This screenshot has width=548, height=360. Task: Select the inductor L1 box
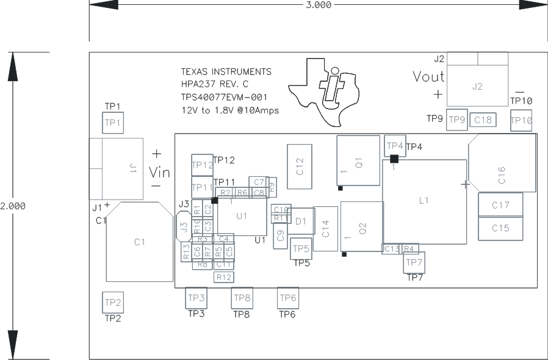pos(425,201)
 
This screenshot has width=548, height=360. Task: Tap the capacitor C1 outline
pos(140,242)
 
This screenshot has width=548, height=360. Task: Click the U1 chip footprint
pos(242,216)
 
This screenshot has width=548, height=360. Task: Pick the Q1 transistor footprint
pos(358,161)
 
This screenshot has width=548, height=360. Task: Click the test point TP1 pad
pos(113,123)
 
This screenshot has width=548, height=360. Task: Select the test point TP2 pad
pos(113,302)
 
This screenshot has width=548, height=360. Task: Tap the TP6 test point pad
pos(288,298)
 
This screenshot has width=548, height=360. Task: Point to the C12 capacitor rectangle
pos(299,163)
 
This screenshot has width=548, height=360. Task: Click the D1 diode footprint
pos(301,221)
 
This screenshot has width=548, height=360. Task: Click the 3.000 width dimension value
pos(318,5)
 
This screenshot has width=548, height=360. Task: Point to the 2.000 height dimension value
pos(13,206)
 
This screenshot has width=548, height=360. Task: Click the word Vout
pos(428,77)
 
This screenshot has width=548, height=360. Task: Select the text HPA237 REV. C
pos(215,84)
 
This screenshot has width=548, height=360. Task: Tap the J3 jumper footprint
pos(183,228)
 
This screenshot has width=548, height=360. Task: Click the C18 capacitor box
pos(483,120)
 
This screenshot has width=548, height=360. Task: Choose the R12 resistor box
pos(224,277)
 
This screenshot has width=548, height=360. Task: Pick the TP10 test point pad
pos(521,120)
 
